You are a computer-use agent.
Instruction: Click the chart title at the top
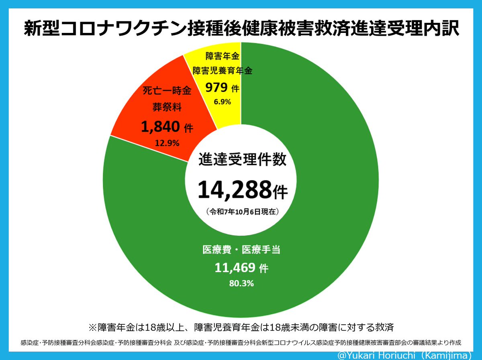pyautogui.click(x=241, y=29)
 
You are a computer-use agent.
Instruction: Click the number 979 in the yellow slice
pyautogui.click(x=217, y=87)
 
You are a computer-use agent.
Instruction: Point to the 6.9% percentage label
pyautogui.click(x=222, y=102)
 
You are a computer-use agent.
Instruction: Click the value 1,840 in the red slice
pyautogui.click(x=160, y=127)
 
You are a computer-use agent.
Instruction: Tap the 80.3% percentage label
pyautogui.click(x=241, y=284)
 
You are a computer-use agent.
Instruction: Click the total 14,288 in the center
pyautogui.click(x=235, y=189)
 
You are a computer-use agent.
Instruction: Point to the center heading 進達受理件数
pyautogui.click(x=243, y=160)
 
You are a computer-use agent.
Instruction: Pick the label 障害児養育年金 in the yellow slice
pyautogui.click(x=222, y=71)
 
